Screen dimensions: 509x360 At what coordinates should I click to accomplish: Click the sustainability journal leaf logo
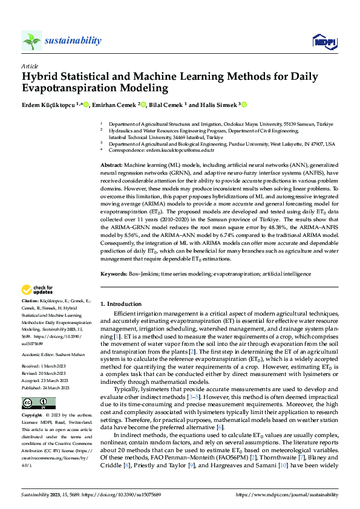tap(31, 41)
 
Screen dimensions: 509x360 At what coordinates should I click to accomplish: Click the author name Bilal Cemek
tap(166, 104)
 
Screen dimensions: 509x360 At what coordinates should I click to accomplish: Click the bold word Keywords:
tap(114, 274)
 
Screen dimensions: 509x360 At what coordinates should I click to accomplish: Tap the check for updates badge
tap(38, 290)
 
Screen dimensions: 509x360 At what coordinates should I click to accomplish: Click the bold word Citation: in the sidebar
tap(30, 300)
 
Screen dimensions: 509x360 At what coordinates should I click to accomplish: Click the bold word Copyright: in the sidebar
tap(32, 416)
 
